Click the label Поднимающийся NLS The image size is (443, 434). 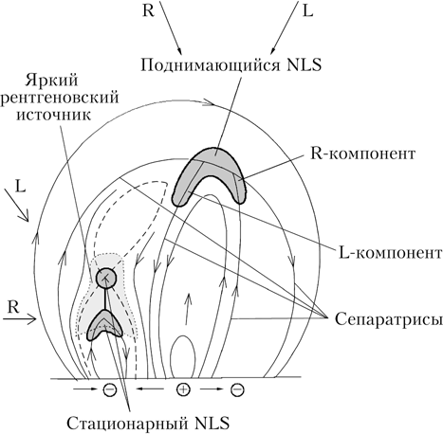point(231,65)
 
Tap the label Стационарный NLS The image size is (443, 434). point(148,423)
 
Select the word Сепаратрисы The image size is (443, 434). point(388,319)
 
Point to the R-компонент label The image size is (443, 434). point(362,154)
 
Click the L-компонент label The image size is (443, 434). point(390,253)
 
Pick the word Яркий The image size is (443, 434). point(51,81)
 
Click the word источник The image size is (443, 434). point(54,115)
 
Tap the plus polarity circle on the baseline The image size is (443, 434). point(183,389)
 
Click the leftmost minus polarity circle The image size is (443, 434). point(110,389)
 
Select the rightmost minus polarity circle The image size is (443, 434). point(237,389)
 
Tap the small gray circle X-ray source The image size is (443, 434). point(106,278)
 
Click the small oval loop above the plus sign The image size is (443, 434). point(183,356)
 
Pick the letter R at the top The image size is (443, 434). point(148,10)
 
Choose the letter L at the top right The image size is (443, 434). point(307,10)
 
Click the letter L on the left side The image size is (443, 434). point(20,187)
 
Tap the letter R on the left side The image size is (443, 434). point(13,307)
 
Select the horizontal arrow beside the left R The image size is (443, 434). point(20,319)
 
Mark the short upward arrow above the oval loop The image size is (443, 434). point(187,309)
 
